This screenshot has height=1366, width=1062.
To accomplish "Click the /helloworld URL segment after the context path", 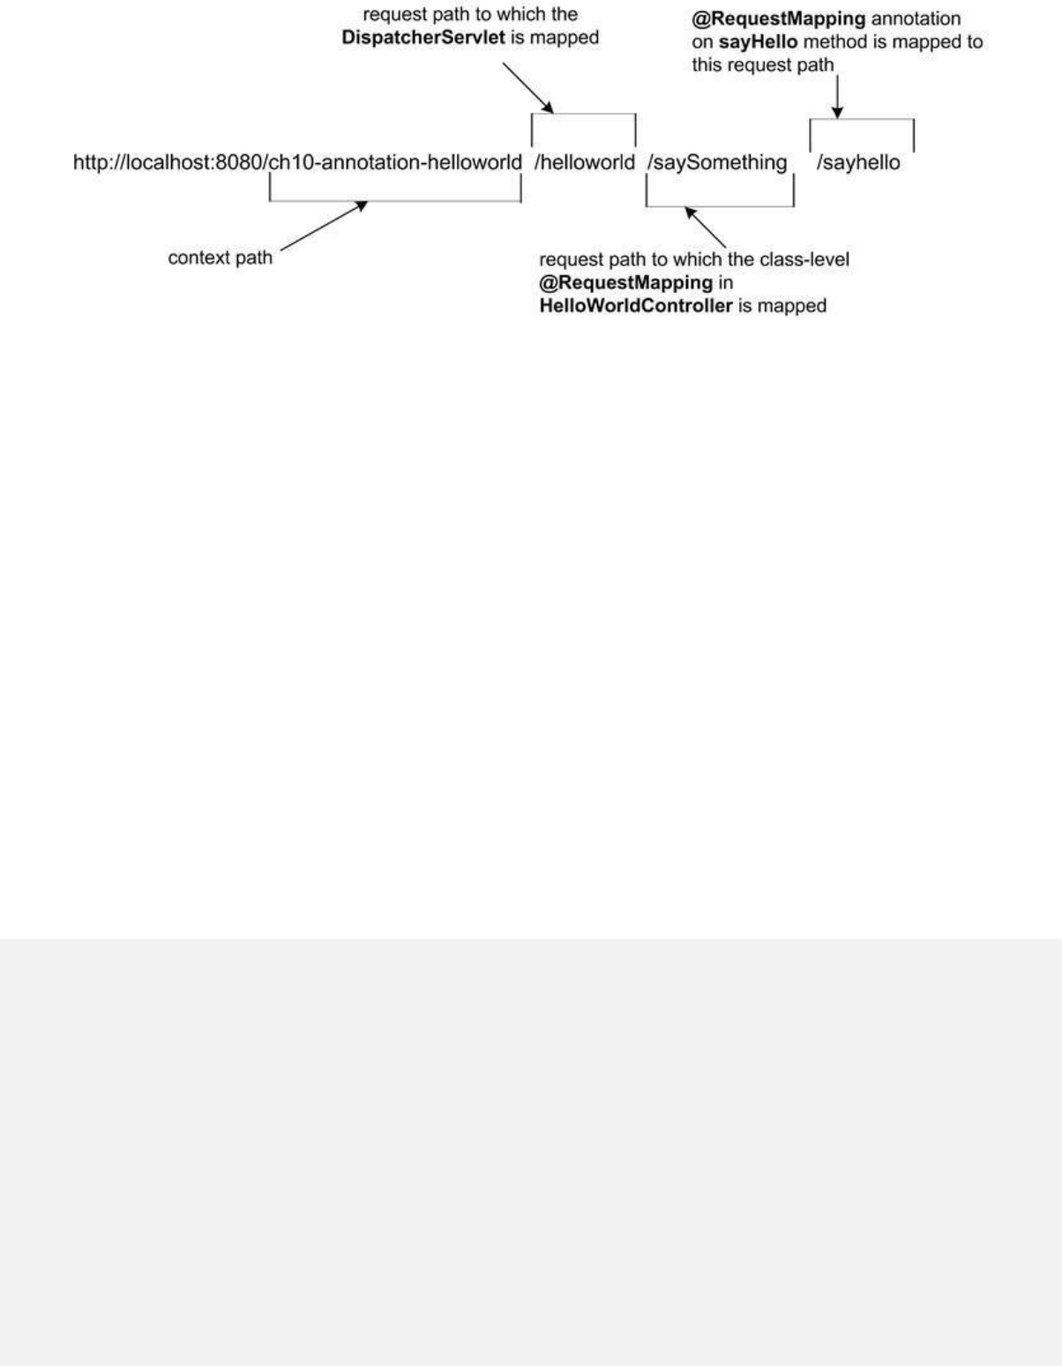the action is (x=584, y=162).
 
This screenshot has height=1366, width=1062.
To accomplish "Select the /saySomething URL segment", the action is (x=717, y=162).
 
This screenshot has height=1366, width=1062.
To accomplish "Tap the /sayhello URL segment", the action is (x=858, y=162).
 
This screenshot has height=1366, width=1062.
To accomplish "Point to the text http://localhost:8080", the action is (x=168, y=162).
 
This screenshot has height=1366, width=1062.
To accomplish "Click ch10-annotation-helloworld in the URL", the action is (x=394, y=162).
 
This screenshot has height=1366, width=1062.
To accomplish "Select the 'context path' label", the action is (x=221, y=258).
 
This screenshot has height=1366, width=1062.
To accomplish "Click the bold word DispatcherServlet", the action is (x=424, y=38).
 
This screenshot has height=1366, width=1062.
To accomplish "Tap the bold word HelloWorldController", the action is (x=635, y=306).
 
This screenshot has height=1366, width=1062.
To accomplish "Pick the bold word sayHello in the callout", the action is (x=765, y=42).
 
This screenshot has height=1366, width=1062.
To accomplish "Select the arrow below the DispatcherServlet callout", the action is (x=527, y=87).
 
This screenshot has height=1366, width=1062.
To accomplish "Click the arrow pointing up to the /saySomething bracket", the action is (x=706, y=228).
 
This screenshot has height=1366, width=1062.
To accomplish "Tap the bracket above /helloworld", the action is (x=583, y=115).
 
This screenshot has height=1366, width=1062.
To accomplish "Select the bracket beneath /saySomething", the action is (x=720, y=206).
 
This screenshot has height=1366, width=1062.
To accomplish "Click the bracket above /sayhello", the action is (x=862, y=120).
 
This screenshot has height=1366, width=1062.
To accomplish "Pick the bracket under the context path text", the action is (x=394, y=201).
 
